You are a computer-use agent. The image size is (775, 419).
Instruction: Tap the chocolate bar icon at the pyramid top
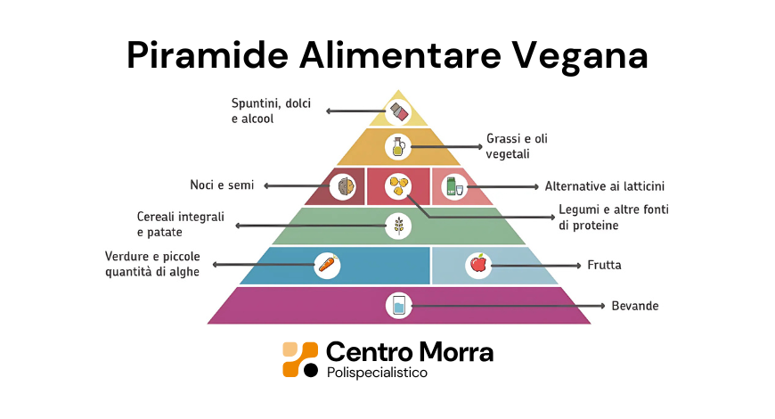398,112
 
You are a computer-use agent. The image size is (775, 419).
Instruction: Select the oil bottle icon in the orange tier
397,146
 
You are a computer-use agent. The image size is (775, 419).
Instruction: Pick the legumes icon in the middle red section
398,186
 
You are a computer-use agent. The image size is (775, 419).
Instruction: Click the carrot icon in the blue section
328,265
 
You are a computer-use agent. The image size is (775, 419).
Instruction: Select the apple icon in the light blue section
478,265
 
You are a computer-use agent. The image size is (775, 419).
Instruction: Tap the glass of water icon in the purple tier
398,305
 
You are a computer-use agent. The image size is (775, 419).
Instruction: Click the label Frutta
604,266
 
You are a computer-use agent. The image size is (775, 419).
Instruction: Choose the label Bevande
634,306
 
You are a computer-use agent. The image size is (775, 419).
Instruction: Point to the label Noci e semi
222,185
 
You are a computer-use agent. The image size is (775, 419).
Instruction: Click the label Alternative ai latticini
605,186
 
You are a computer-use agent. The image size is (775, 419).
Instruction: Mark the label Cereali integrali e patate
180,224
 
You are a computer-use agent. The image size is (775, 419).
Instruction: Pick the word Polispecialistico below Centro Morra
377,373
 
